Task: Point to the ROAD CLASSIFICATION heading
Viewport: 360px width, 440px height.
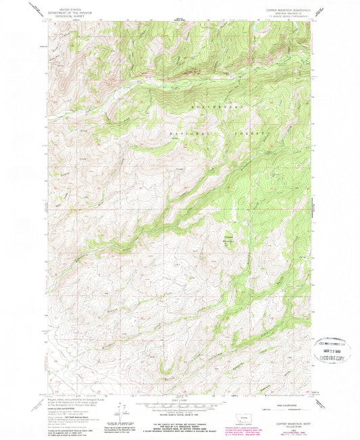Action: click(290, 398)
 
